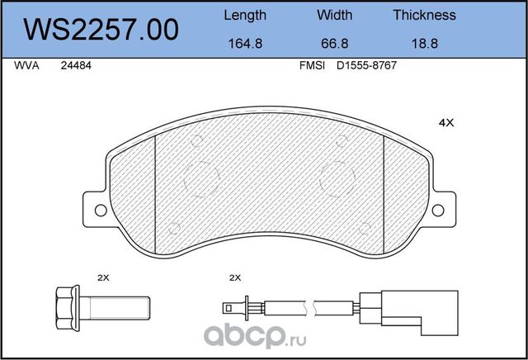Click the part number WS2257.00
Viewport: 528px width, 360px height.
(101, 30)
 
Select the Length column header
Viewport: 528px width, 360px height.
(245, 16)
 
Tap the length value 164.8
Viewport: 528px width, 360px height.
(245, 44)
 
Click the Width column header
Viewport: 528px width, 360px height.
(334, 15)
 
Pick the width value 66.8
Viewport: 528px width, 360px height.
(334, 44)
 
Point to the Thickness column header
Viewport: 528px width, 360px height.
(424, 15)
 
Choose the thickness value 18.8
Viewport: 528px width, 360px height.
(425, 44)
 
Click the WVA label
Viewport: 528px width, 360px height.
(26, 65)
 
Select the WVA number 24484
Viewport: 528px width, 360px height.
(76, 65)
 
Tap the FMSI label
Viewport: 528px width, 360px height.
(312, 65)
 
